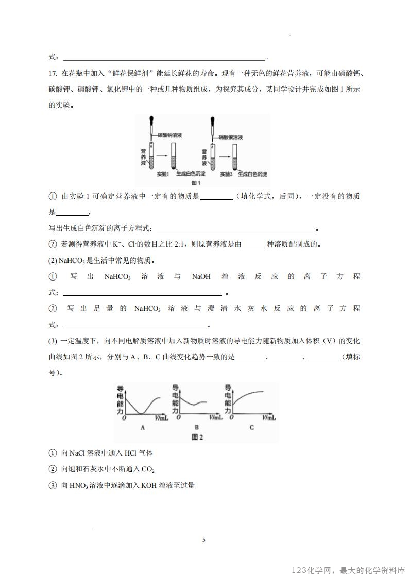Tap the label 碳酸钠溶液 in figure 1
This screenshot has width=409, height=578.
[169, 135]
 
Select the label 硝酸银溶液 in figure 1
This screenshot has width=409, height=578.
[230, 138]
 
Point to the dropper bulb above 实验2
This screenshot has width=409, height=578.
[212, 122]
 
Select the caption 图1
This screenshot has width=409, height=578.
[196, 183]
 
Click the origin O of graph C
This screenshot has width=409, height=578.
[230, 417]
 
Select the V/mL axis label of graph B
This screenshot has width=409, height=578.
[216, 417]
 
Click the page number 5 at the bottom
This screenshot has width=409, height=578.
[204, 540]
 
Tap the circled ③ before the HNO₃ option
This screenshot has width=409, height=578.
[53, 485]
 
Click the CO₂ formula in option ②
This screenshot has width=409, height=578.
[149, 469]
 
